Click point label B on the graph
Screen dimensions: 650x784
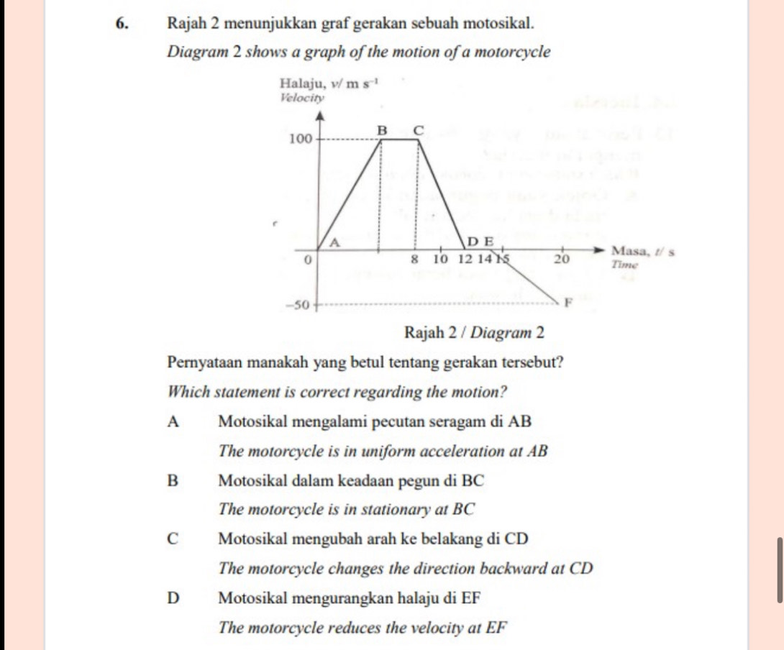click(383, 129)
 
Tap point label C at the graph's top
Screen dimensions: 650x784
click(417, 129)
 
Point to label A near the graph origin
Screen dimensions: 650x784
click(333, 242)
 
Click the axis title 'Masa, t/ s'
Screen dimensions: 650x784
click(642, 251)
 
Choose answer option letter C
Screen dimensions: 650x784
click(172, 539)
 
